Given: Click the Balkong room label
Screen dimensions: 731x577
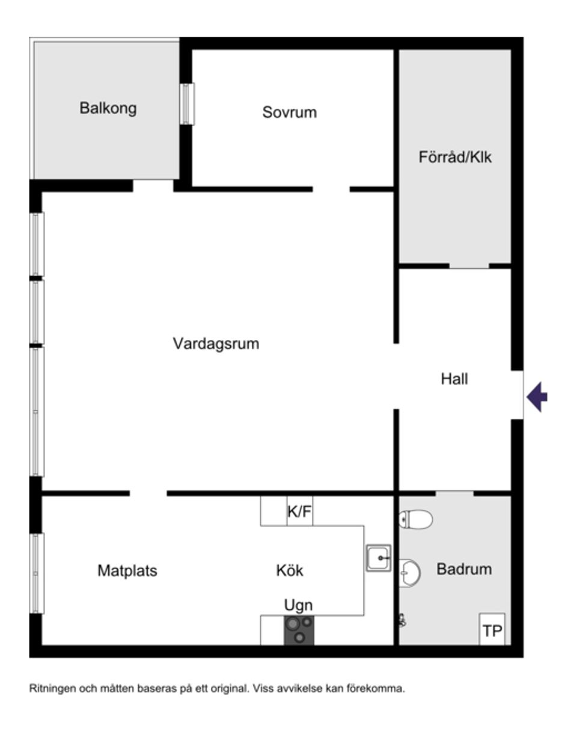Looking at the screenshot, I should pyautogui.click(x=108, y=108).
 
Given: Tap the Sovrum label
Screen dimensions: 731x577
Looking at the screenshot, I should pyautogui.click(x=289, y=113).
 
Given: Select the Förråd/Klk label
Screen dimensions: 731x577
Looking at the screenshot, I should pyautogui.click(x=455, y=157).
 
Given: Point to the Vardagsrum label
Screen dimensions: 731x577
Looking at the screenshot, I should pyautogui.click(x=216, y=344).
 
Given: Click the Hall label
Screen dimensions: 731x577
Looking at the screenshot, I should pyautogui.click(x=454, y=379).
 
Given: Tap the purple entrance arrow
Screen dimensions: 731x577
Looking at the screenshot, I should pyautogui.click(x=537, y=397).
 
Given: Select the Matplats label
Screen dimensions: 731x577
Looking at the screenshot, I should pyautogui.click(x=127, y=570).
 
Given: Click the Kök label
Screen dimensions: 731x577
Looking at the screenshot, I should pyautogui.click(x=290, y=570).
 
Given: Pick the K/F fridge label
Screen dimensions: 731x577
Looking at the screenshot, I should pyautogui.click(x=299, y=512).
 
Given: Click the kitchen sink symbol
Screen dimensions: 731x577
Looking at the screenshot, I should pyautogui.click(x=379, y=558).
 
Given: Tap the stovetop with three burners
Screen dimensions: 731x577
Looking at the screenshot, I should pyautogui.click(x=299, y=630).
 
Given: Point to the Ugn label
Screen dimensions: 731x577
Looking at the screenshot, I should pyautogui.click(x=298, y=605).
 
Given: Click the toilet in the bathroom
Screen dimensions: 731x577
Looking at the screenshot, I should pyautogui.click(x=416, y=519).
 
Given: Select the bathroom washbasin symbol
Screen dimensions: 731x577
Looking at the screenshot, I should pyautogui.click(x=410, y=573).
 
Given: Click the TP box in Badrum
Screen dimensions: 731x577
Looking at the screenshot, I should pyautogui.click(x=492, y=630).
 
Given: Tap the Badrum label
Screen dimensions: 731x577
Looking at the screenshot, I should pyautogui.click(x=464, y=569).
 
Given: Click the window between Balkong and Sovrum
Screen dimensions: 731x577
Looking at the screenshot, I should pyautogui.click(x=187, y=104).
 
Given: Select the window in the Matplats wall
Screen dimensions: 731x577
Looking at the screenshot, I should pyautogui.click(x=37, y=573).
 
